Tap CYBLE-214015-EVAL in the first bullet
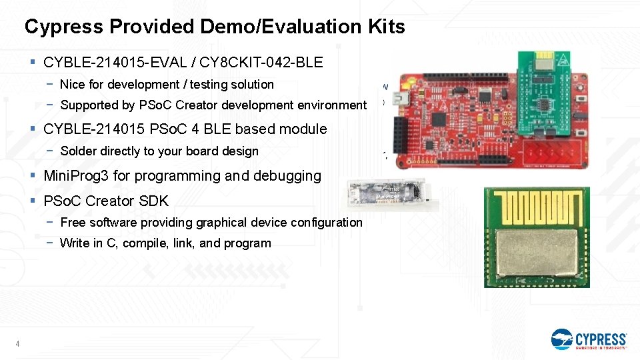[x=113, y=63]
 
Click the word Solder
[x=79, y=151]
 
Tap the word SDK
[x=155, y=201]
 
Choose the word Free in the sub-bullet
[x=72, y=223]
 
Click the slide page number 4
[x=17, y=344]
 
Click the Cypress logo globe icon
[x=562, y=339]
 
